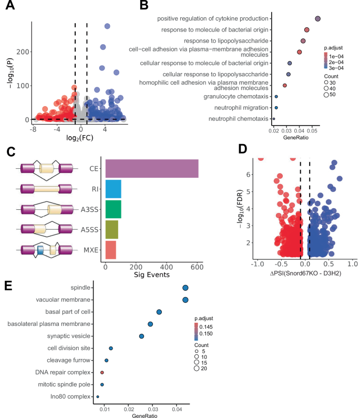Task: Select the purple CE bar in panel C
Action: tap(152, 169)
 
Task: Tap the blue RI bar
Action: tap(113, 189)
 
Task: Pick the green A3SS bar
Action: tap(113, 209)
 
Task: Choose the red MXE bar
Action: tap(110, 250)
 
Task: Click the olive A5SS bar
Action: tap(111, 230)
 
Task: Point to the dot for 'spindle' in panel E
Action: tap(186, 288)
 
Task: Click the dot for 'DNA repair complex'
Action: tap(102, 372)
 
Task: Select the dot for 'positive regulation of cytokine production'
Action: tap(318, 18)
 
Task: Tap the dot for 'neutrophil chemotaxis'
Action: tap(274, 119)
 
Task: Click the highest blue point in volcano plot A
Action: tap(107, 26)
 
